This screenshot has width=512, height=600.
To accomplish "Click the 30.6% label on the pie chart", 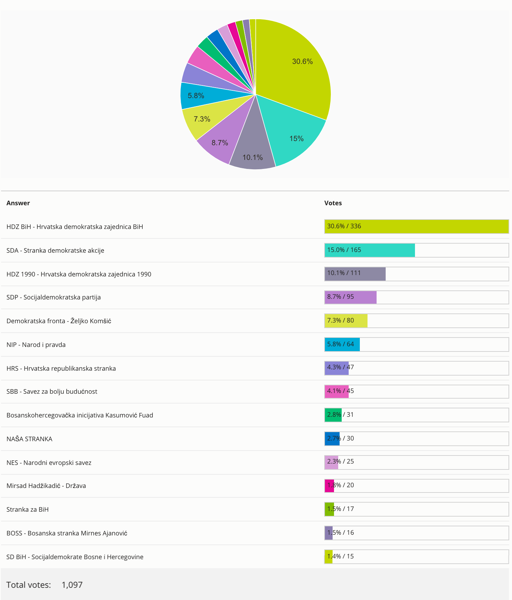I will pyautogui.click(x=302, y=62).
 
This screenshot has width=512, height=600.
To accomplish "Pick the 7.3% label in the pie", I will pyautogui.click(x=202, y=119).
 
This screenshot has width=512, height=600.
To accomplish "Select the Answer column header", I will pyautogui.click(x=18, y=203).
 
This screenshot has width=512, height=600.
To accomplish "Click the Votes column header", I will pyautogui.click(x=333, y=203).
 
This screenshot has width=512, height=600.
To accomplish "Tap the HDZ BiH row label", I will pyautogui.click(x=75, y=227).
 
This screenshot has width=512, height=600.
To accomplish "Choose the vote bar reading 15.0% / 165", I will pyautogui.click(x=369, y=250).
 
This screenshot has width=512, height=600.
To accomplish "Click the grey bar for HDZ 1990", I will pyautogui.click(x=355, y=274).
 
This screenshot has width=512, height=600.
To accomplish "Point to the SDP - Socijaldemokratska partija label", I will pyautogui.click(x=53, y=297).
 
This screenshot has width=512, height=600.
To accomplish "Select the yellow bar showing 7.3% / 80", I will pyautogui.click(x=346, y=321).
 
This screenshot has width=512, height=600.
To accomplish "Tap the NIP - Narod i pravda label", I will pyautogui.click(x=36, y=345).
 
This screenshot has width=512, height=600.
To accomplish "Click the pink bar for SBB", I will pyautogui.click(x=336, y=391).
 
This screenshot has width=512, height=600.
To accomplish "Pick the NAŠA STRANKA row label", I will pyautogui.click(x=29, y=439).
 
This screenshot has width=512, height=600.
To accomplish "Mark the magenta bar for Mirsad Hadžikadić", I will pyautogui.click(x=329, y=486).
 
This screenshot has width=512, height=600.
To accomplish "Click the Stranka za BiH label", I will pyautogui.click(x=28, y=510).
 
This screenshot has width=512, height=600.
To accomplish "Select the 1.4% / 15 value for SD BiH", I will pyautogui.click(x=341, y=556).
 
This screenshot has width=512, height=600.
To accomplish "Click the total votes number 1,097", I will pyautogui.click(x=72, y=585).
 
